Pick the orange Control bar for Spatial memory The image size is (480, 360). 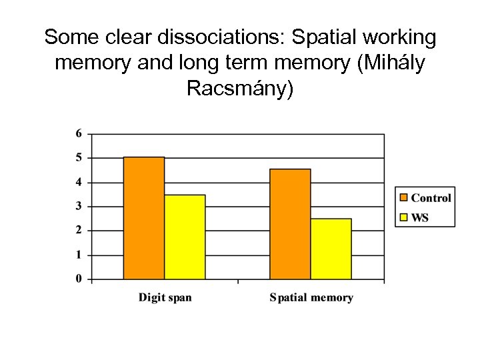[290, 224]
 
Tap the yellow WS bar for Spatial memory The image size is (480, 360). [331, 249]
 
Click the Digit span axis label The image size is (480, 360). [165, 297]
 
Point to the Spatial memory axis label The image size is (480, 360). [311, 297]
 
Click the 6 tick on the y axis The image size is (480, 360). [79, 133]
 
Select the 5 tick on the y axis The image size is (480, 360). [79, 158]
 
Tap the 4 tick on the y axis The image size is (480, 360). [79, 182]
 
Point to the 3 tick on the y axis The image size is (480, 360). [79, 206]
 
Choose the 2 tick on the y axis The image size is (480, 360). [79, 230]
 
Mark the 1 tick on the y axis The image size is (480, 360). [79, 255]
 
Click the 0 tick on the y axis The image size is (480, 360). [79, 279]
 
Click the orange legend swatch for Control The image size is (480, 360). [404, 197]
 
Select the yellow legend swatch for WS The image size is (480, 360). [404, 217]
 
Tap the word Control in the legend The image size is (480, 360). [431, 197]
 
